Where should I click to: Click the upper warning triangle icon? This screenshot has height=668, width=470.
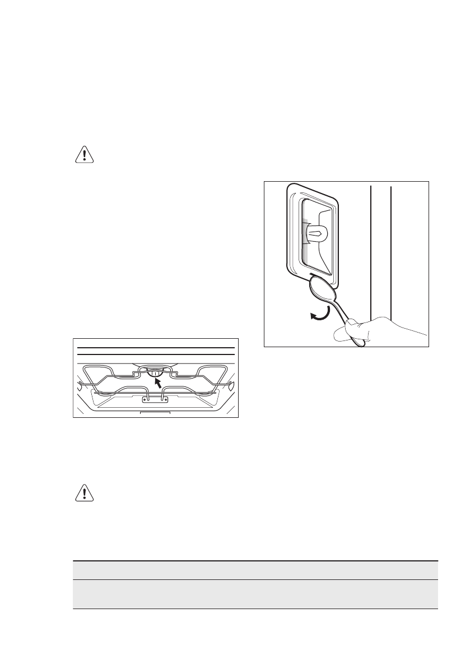click(x=84, y=155)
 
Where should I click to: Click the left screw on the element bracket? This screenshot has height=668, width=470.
click(x=145, y=400)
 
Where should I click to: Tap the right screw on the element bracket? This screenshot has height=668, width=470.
click(x=166, y=400)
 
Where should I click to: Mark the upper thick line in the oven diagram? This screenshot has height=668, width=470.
click(x=156, y=348)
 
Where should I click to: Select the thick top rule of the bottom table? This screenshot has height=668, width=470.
click(x=255, y=560)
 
